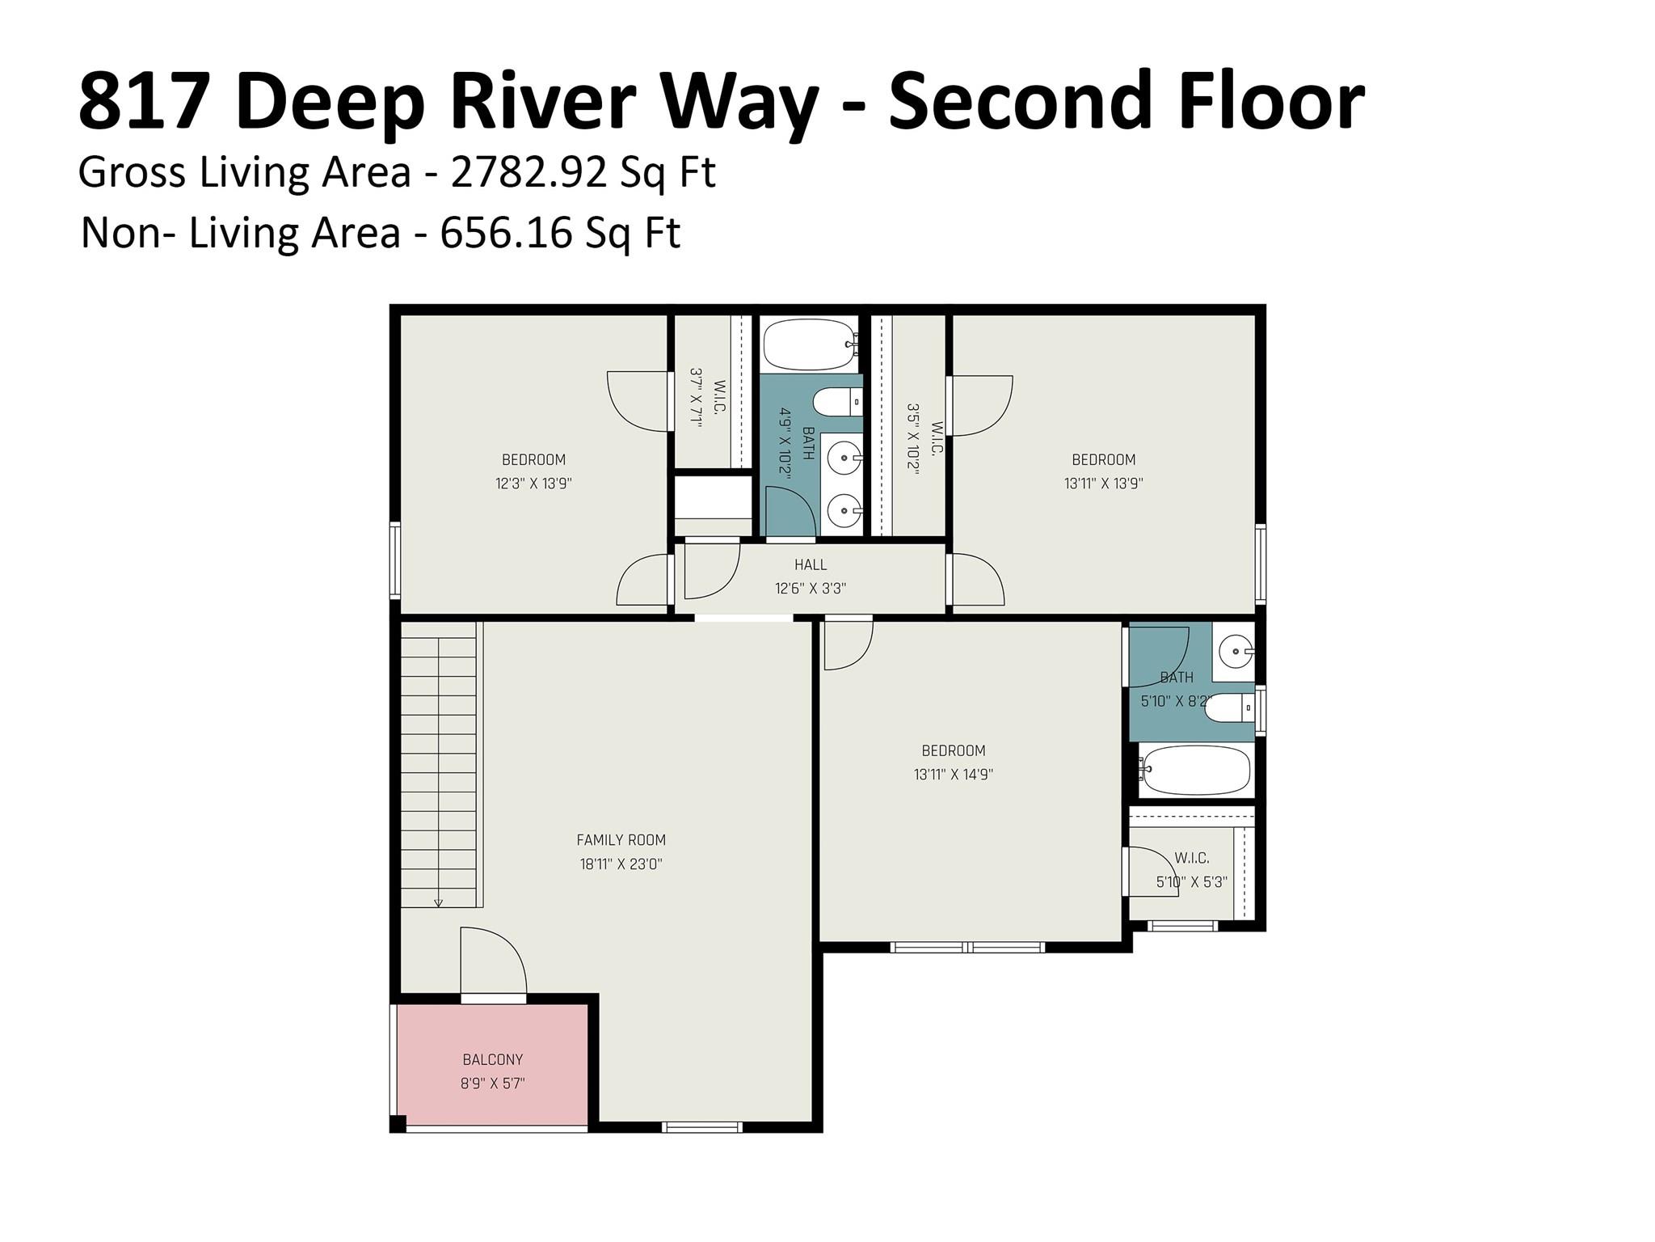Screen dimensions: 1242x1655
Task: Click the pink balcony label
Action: click(x=492, y=1058)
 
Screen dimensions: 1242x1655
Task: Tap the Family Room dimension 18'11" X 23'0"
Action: click(x=621, y=864)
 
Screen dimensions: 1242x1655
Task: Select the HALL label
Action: click(x=810, y=564)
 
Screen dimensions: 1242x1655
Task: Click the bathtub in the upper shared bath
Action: click(x=809, y=344)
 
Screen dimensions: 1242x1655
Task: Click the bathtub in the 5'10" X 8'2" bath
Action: click(x=1194, y=770)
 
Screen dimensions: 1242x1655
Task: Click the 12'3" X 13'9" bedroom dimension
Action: click(x=533, y=484)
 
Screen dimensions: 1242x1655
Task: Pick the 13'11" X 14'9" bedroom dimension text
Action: click(x=953, y=774)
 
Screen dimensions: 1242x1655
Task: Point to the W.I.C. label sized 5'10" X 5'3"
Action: click(x=1192, y=858)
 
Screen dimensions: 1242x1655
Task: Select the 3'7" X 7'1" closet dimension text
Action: click(x=696, y=395)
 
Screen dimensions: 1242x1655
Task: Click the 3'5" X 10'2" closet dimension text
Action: click(x=913, y=439)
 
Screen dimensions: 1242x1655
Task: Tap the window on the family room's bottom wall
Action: click(x=701, y=1126)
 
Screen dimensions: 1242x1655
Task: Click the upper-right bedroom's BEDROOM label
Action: click(x=1103, y=459)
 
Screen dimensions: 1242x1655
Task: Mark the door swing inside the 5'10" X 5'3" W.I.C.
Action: click(x=1154, y=872)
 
